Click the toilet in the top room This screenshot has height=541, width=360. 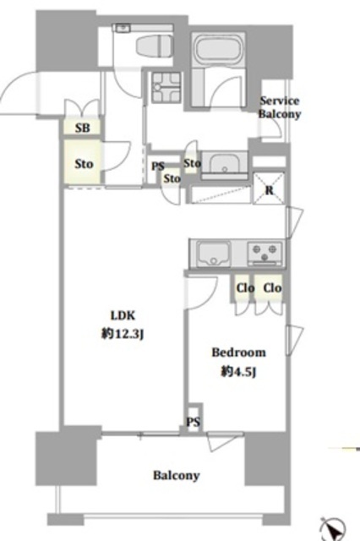154,46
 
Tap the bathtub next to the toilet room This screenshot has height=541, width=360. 218,50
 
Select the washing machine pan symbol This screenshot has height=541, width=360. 166,87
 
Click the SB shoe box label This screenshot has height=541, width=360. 83,128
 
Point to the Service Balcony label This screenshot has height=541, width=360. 280,107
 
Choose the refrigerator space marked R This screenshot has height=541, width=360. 270,189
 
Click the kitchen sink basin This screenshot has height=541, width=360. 214,254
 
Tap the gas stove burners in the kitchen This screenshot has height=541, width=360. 265,253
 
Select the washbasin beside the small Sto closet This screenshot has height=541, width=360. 224,165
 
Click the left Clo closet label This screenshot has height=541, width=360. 245,287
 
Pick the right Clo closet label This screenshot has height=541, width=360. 272,287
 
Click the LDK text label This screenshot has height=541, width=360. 123,315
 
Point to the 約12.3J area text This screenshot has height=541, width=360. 123,334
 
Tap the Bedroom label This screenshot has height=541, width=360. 238,352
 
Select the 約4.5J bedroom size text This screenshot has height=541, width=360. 238,372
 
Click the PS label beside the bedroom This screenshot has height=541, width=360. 194,422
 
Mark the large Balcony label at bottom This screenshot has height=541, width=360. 177,475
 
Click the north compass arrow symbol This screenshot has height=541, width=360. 333,529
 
